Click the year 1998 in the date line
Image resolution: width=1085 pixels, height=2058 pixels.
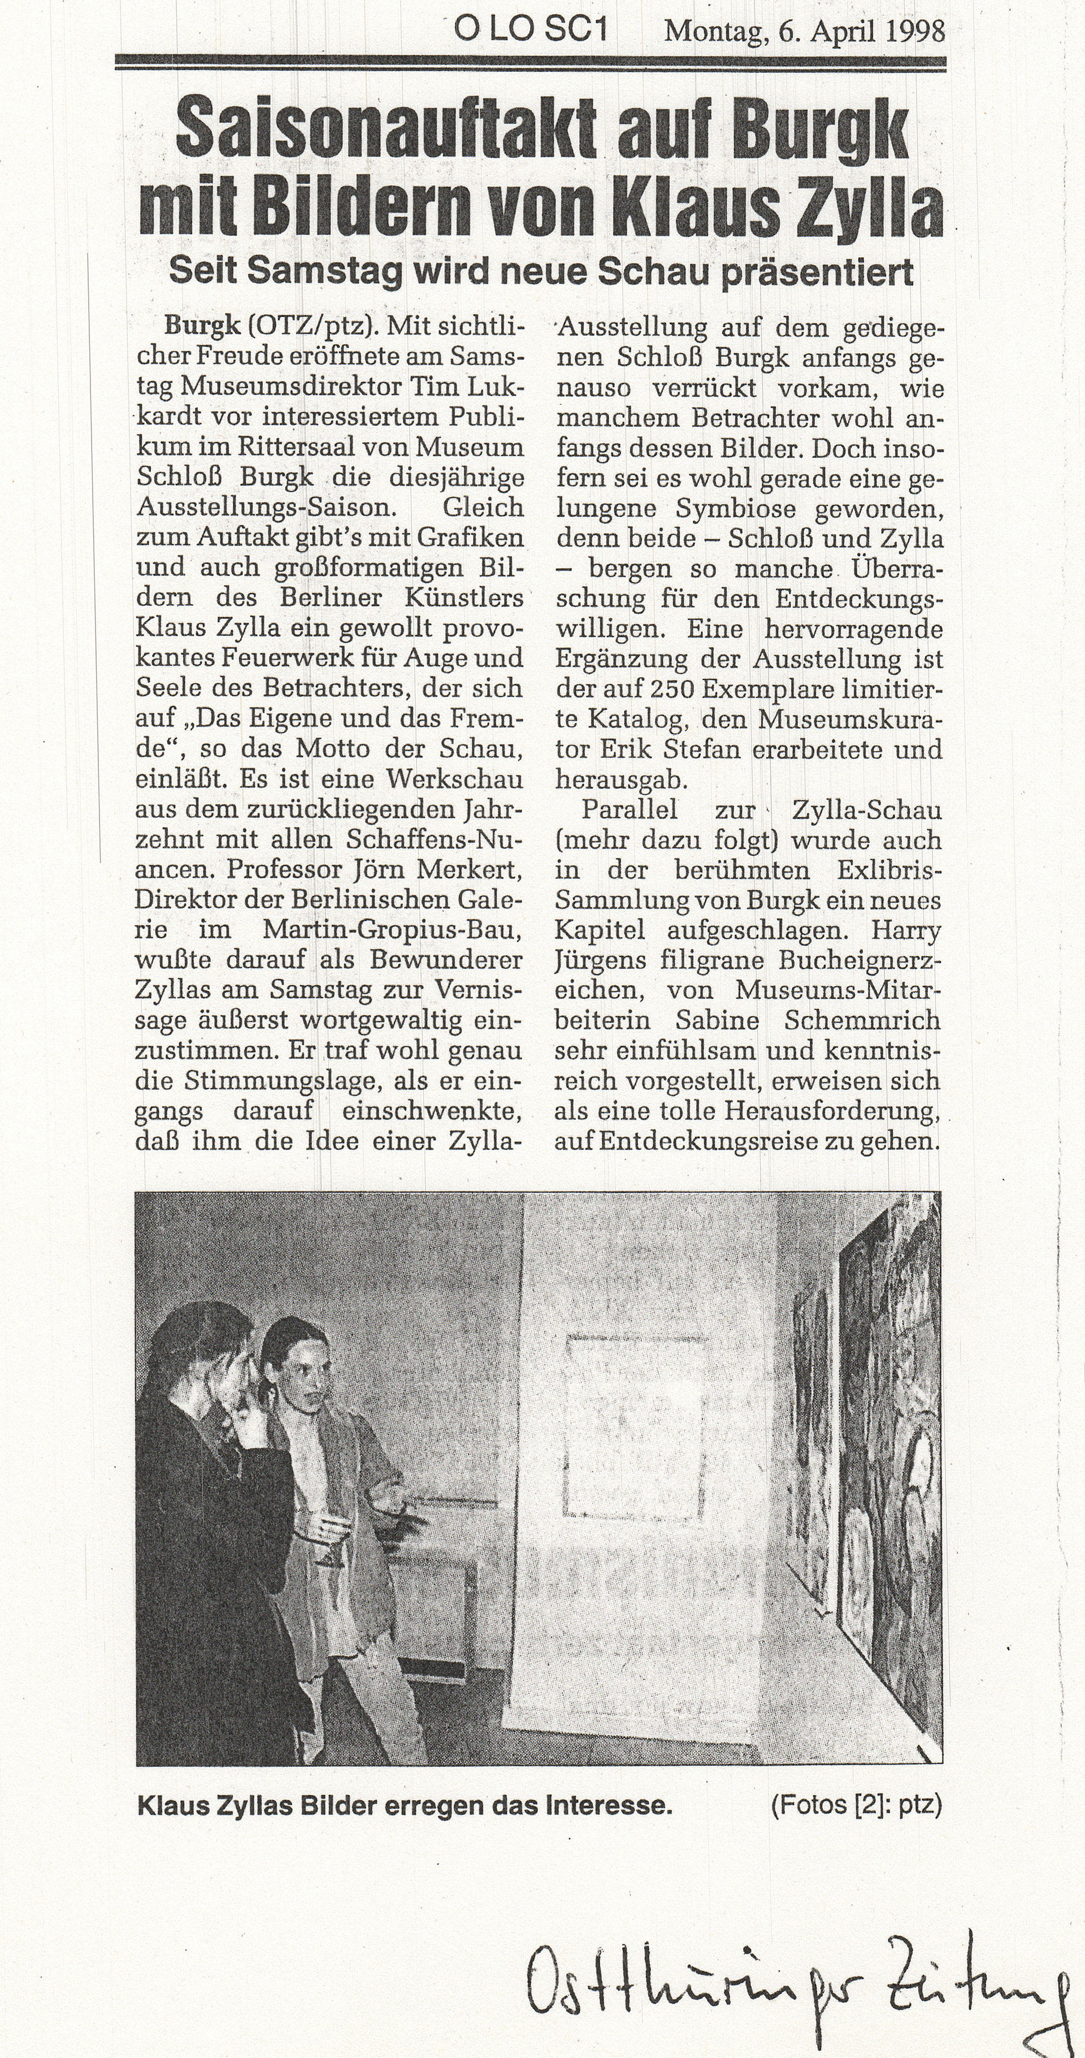(915, 32)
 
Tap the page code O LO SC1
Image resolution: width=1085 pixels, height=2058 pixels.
(531, 31)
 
